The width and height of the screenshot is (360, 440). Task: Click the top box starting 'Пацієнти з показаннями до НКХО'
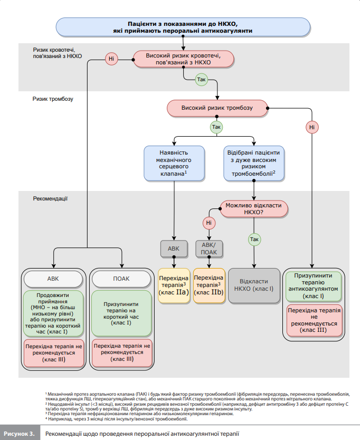click(x=183, y=27)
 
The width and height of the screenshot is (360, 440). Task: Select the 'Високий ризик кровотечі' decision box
click(x=183, y=59)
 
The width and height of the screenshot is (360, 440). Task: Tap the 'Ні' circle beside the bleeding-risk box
click(x=111, y=59)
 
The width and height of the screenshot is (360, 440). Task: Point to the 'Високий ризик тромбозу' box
click(x=217, y=108)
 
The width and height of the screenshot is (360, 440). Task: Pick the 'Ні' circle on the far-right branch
click(x=312, y=127)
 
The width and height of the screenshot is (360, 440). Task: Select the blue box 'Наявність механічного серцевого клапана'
click(x=174, y=164)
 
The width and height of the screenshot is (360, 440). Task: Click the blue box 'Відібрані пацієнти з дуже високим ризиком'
click(x=254, y=164)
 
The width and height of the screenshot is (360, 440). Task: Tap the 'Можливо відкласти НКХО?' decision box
click(x=254, y=209)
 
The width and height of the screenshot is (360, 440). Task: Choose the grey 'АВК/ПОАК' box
click(x=209, y=248)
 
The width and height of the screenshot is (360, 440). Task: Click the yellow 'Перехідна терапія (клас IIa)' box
click(x=174, y=285)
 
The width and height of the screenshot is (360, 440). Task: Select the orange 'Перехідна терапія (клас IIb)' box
click(x=209, y=285)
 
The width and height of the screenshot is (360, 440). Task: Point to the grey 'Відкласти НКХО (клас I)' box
click(x=254, y=285)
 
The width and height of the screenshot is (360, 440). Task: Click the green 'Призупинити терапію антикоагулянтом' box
click(x=314, y=286)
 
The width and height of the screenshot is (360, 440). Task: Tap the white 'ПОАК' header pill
click(x=121, y=279)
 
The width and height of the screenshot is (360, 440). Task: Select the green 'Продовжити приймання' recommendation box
click(x=53, y=313)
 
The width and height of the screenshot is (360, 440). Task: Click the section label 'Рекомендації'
click(x=50, y=199)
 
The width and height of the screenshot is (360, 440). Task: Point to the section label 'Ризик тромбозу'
click(x=53, y=99)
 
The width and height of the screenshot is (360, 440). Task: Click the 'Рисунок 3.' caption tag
click(x=20, y=434)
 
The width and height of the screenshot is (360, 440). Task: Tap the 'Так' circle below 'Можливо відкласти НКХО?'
click(x=254, y=240)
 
